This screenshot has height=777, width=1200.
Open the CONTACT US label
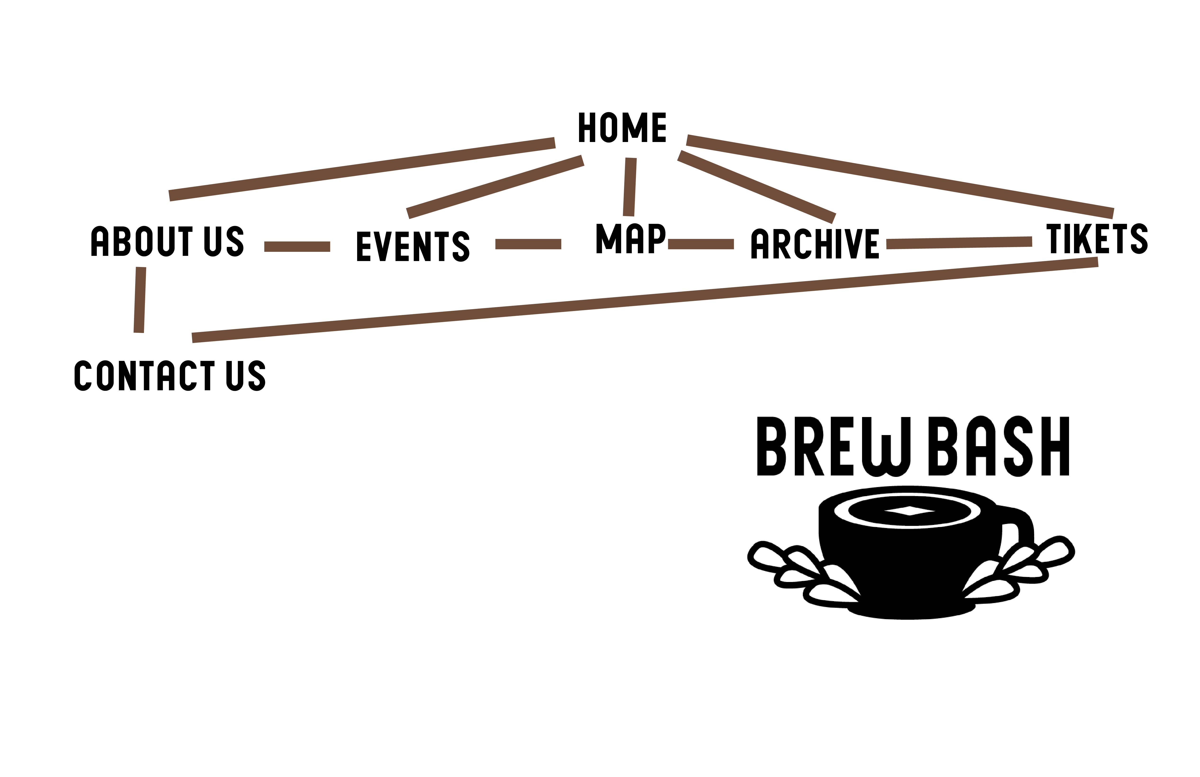pos(170,375)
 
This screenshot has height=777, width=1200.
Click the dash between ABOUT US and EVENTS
pos(297,246)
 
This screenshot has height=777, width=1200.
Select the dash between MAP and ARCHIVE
pos(701,244)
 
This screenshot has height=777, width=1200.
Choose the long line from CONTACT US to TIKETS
pos(645,300)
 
